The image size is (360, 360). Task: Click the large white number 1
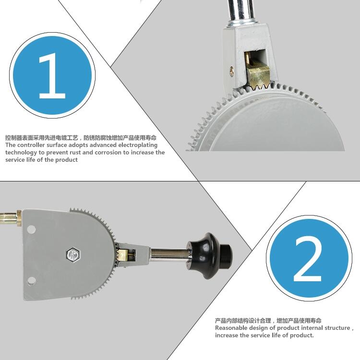pos(52,76)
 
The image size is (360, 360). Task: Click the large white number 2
pos(308,259)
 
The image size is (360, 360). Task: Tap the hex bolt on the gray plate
pos(74,254)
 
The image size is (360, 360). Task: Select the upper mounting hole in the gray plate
pos(31,229)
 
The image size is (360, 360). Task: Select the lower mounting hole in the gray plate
pos(31,281)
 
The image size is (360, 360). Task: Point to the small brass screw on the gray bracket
pos(232,71)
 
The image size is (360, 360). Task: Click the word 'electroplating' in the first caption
pos(138,145)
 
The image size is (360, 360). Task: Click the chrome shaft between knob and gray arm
pos(169,256)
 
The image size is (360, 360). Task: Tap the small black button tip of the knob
pos(227,252)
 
